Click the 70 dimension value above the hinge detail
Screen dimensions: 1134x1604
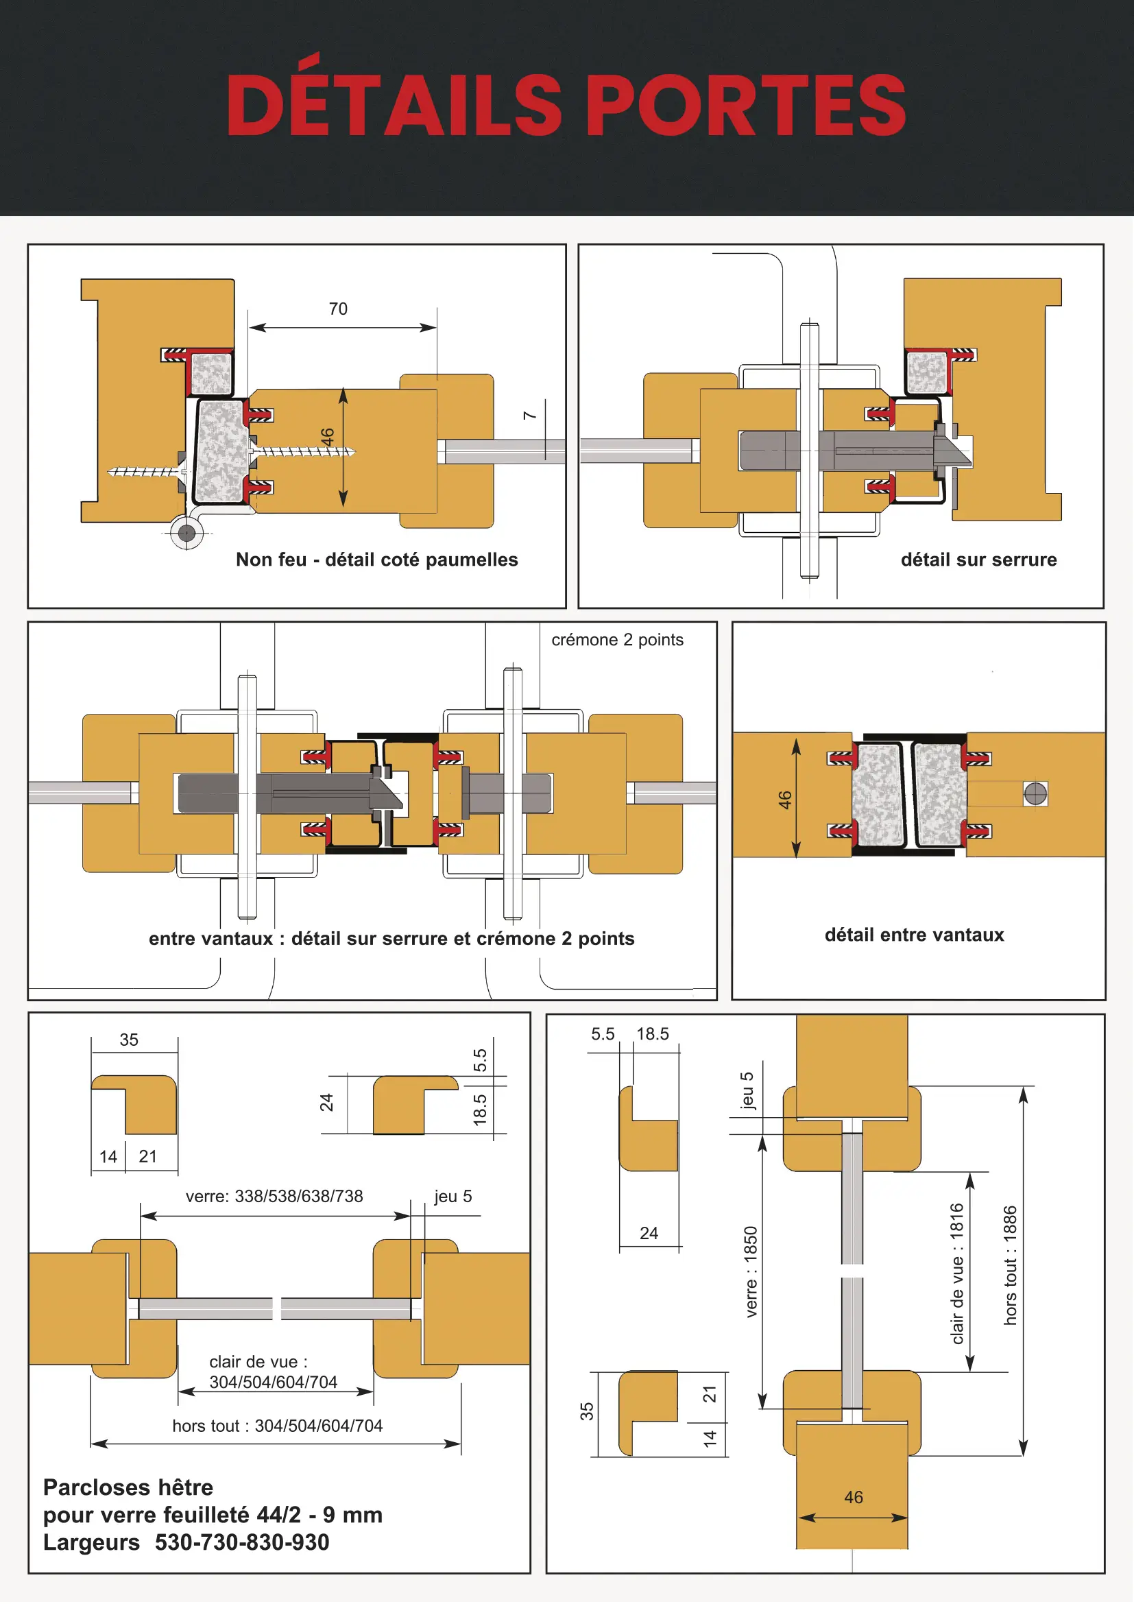point(338,309)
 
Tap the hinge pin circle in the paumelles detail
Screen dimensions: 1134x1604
point(186,533)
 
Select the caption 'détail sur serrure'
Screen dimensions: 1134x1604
point(978,560)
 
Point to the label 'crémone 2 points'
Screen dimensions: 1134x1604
point(617,640)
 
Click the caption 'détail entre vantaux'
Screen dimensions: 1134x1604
point(914,935)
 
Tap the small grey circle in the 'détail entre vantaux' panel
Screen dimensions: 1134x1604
point(1035,793)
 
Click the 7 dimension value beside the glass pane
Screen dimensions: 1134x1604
point(530,416)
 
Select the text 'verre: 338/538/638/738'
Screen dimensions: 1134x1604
point(274,1196)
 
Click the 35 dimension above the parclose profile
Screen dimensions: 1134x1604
point(129,1040)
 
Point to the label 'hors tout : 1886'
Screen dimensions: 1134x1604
point(1010,1265)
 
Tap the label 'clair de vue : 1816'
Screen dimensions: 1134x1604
point(956,1273)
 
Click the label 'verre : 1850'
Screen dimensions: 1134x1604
point(751,1272)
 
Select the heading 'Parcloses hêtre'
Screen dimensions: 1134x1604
point(128,1487)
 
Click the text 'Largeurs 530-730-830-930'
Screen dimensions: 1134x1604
point(186,1542)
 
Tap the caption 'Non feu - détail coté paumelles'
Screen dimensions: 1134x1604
point(377,560)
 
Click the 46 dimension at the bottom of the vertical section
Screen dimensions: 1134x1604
point(854,1497)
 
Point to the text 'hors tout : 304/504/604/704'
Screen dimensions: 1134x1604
point(277,1426)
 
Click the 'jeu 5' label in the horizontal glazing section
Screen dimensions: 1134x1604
point(453,1196)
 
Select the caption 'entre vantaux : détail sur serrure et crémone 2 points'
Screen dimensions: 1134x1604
point(391,938)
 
